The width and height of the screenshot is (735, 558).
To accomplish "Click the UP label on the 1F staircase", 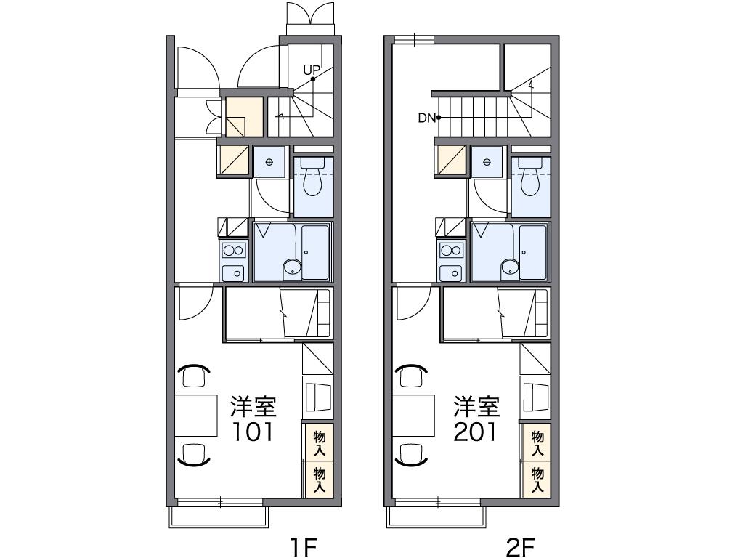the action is [312, 70].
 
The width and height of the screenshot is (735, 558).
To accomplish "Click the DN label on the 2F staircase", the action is [426, 118].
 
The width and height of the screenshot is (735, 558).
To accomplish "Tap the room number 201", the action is [475, 432].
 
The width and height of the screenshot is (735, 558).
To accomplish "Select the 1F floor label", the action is [305, 546].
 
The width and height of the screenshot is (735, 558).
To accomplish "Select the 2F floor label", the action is [521, 546].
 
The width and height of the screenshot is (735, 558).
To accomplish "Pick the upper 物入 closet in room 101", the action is [320, 443].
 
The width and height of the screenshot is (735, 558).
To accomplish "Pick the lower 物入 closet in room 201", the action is [537, 480].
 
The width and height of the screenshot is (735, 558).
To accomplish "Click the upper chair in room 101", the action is [194, 375].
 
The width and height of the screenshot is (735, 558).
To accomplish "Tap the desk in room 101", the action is [196, 416].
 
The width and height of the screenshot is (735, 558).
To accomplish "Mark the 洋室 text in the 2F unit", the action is [476, 407].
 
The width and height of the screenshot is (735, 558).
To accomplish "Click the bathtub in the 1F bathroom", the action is [315, 252].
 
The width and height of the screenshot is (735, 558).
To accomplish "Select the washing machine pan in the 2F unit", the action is [487, 162].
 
